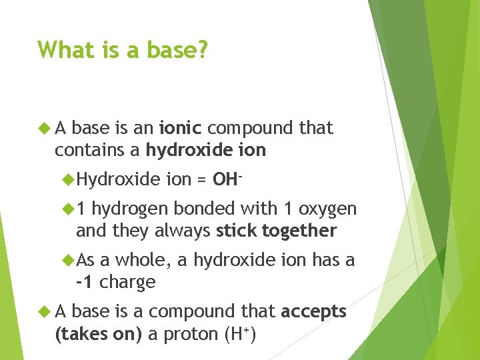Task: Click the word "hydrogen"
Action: [130, 209]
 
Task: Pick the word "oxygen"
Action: [327, 209]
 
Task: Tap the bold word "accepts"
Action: [314, 312]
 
